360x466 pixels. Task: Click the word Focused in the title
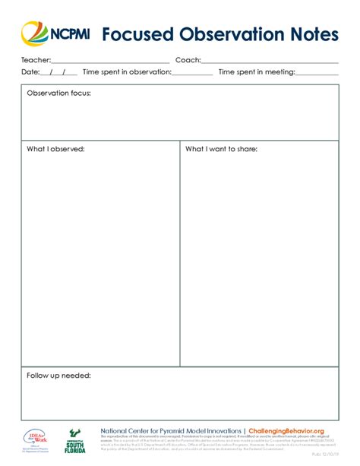tap(137, 34)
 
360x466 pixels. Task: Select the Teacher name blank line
tap(110, 61)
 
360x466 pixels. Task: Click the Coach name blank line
tap(270, 61)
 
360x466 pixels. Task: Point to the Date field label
tap(30, 72)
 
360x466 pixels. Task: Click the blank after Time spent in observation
tap(193, 74)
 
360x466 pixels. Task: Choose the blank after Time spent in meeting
tap(317, 74)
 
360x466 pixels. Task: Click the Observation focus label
tap(58, 93)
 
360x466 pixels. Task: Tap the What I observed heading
tap(55, 149)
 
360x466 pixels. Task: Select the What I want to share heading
tap(221, 149)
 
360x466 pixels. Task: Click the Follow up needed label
tap(58, 376)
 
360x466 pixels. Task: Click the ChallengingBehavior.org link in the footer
tap(286, 430)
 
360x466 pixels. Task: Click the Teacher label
tap(36, 59)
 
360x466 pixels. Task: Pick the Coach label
tap(188, 59)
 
